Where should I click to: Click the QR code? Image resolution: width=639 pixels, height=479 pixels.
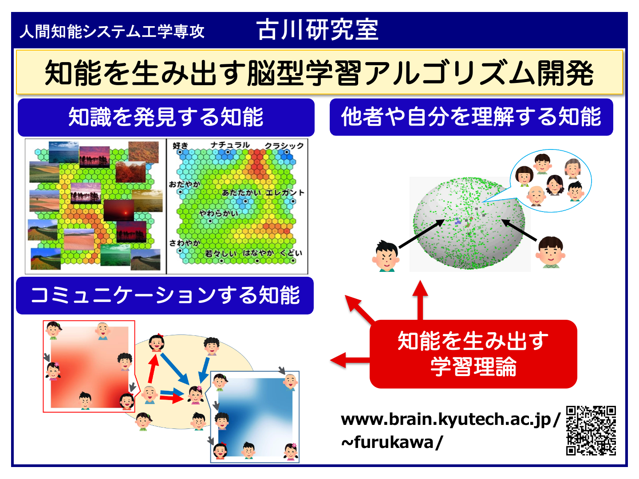point(591,430)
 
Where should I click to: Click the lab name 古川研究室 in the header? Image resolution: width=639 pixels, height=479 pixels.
point(317,30)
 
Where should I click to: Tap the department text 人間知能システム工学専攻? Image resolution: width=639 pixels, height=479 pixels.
point(112,31)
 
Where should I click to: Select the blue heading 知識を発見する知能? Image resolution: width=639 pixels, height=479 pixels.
point(166,117)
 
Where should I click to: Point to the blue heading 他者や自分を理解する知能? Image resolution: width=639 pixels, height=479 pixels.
point(471,117)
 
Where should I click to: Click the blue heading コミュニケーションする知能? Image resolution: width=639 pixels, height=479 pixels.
point(165,295)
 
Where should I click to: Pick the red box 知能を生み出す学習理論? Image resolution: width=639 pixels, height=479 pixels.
point(473,354)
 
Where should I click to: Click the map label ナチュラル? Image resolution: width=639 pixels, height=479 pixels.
point(230,145)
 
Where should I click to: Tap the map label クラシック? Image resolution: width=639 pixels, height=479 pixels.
point(284,145)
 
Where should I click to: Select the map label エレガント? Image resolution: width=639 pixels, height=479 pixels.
point(285,192)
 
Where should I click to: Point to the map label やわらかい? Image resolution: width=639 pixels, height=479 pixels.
point(218,213)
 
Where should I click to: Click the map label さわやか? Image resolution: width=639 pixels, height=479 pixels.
point(185,243)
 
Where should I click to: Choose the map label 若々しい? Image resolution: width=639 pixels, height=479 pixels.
point(221,253)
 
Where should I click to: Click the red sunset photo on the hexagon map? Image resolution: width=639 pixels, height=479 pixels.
point(119,210)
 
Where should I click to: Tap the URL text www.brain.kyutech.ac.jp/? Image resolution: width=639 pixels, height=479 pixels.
point(451,420)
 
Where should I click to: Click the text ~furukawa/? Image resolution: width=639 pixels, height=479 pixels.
point(392,443)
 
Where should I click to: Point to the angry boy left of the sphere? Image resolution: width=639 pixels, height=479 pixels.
point(386,256)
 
